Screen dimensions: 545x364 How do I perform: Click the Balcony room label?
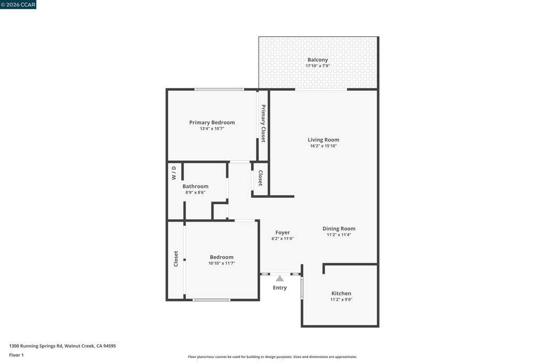318,60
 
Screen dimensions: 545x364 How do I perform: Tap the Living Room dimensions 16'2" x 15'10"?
323,146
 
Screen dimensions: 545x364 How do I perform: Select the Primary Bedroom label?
212,123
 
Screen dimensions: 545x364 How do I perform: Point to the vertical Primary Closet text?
263,124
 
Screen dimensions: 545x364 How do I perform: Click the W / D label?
174,173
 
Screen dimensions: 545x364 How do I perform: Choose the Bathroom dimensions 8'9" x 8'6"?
195,192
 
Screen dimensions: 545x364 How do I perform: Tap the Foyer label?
283,232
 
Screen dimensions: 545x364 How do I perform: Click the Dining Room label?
339,229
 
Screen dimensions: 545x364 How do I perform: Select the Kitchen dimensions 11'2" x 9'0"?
341,300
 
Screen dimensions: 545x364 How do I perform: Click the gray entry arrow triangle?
280,279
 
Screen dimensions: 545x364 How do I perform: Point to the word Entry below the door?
280,288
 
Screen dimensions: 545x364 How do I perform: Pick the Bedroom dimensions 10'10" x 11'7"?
222,263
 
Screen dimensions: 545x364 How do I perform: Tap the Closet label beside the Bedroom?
176,259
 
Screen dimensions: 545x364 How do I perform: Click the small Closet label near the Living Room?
260,178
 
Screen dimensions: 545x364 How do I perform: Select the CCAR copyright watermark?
18,4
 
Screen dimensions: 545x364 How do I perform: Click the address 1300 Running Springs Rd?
36,346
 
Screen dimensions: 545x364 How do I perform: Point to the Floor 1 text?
16,355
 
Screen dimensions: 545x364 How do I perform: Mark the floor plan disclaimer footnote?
272,357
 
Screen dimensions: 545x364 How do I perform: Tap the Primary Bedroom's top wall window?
219,90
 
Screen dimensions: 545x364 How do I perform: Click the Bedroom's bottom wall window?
211,300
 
